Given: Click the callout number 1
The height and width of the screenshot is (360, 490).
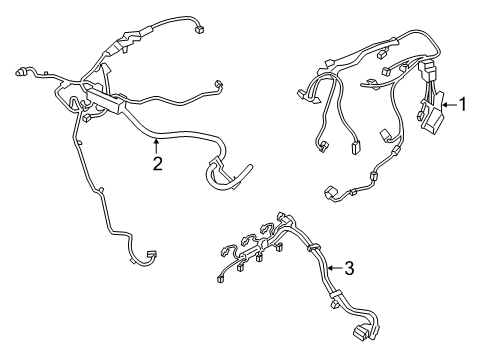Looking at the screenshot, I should [x=462, y=103].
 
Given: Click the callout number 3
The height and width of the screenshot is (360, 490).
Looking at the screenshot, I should [x=349, y=267].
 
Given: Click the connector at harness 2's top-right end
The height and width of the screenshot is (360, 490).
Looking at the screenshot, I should [x=200, y=29].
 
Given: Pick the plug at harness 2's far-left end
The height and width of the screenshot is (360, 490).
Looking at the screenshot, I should [x=22, y=73].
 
